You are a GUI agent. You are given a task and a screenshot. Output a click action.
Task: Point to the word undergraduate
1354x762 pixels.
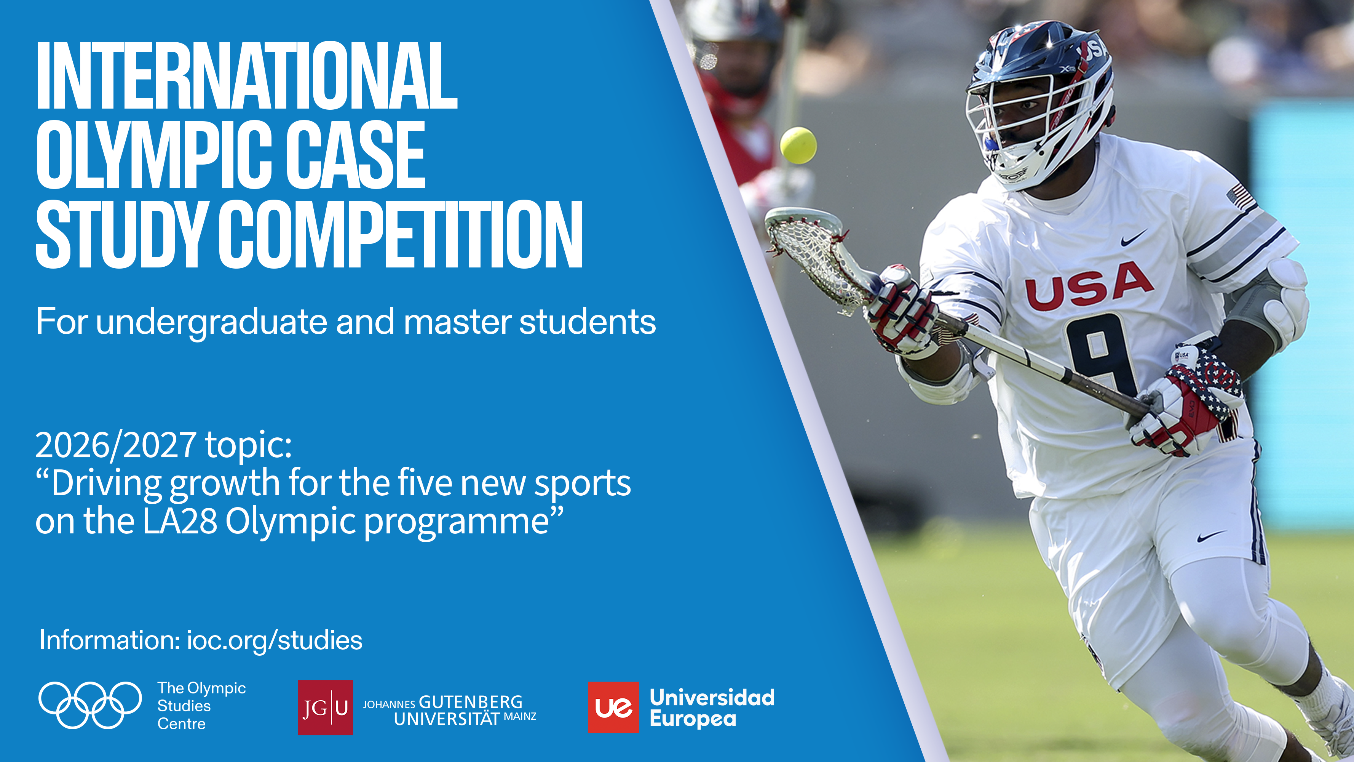(x=212, y=322)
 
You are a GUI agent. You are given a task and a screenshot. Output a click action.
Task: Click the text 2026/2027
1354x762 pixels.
(x=116, y=445)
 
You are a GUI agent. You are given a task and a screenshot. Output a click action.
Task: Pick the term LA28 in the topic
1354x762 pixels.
(x=180, y=521)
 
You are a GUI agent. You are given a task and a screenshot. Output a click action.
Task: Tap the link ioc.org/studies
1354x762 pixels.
(x=275, y=640)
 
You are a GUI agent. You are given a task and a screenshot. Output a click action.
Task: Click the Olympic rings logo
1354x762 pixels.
(x=90, y=705)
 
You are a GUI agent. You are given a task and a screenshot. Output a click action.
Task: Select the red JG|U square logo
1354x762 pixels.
(x=325, y=707)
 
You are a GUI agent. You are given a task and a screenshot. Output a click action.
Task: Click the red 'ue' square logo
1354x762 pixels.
(x=613, y=707)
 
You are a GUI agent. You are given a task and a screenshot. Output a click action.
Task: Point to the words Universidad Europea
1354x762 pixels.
(x=712, y=708)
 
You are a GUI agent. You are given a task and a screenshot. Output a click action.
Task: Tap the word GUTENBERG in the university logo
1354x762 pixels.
(x=470, y=702)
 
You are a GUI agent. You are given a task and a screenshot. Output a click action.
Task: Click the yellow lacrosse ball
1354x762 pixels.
(x=798, y=145)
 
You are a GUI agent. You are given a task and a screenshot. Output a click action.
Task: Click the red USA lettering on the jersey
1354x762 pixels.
(x=1088, y=286)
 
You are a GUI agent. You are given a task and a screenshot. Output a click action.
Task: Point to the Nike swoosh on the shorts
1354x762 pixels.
(x=1210, y=537)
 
